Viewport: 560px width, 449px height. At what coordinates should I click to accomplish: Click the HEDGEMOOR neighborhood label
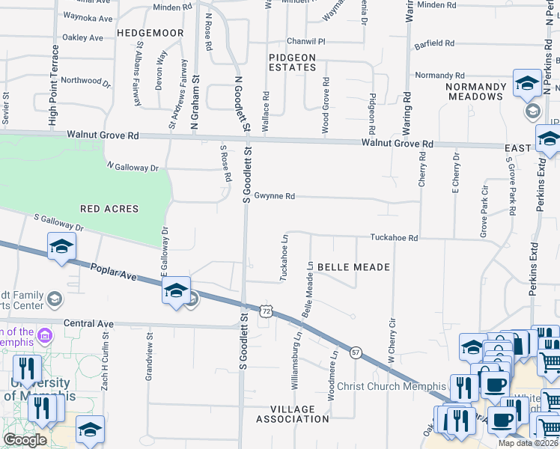(150, 34)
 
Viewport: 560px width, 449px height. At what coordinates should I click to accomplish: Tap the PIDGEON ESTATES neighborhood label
(293, 62)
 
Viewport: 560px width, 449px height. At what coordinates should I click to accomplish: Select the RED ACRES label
(109, 209)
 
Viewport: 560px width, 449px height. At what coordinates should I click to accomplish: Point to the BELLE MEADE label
(353, 267)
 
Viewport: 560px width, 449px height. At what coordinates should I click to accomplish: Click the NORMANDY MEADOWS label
(475, 91)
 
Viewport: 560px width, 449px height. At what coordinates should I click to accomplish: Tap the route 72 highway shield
(265, 309)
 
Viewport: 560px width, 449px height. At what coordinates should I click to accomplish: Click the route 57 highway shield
(356, 352)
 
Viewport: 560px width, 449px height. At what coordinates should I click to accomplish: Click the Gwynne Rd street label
(275, 196)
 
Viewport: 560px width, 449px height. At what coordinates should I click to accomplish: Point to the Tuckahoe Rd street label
(393, 238)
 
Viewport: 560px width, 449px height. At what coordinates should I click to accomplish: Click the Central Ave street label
(88, 324)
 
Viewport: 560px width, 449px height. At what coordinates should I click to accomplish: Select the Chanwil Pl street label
(306, 42)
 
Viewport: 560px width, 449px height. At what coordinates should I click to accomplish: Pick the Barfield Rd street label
(435, 43)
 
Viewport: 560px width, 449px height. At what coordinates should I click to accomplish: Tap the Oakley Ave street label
(83, 37)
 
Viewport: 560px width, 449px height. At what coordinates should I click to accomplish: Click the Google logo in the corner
(25, 440)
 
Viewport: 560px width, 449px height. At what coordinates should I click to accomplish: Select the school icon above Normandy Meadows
(527, 84)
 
